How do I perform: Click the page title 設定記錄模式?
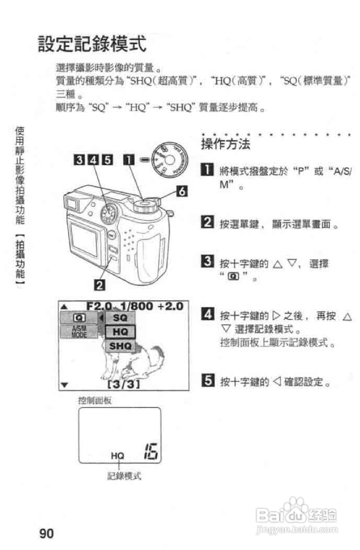coord(92,44)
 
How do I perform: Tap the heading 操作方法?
coord(226,144)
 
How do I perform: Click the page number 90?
coord(46,533)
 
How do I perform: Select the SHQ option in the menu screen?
coord(120,346)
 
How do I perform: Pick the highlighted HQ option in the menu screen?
coord(120,332)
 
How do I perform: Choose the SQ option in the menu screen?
coord(120,318)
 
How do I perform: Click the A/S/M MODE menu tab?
coord(79,332)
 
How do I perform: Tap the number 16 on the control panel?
coord(151,452)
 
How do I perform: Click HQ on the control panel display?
coord(117,456)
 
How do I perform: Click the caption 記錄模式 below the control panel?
coord(124,476)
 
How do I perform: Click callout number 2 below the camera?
coord(100,285)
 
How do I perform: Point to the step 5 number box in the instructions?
coord(208,380)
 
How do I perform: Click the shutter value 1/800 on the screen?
coord(137,306)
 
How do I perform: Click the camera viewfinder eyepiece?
coord(72,204)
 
